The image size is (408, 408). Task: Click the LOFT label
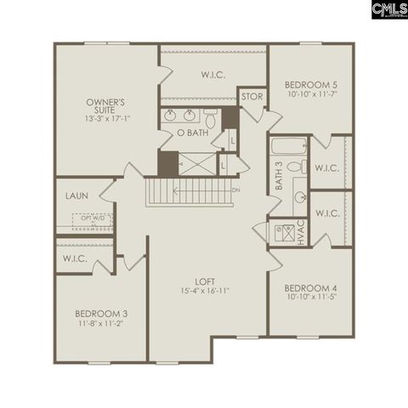[204, 280]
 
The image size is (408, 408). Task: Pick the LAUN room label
[76, 195]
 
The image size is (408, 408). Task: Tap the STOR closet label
[252, 97]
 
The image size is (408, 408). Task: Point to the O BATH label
[191, 133]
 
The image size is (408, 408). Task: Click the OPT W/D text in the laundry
[85, 218]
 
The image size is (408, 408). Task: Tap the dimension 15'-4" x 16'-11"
[204, 291]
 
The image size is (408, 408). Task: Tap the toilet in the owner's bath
[211, 116]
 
